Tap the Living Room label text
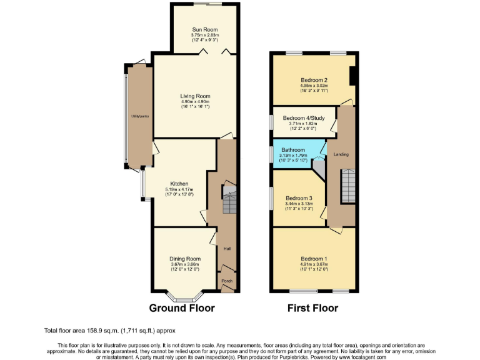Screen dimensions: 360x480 coord(195,96)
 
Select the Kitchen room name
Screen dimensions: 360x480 coord(179,184)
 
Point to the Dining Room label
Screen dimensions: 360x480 coord(184,259)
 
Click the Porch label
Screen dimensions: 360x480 coord(227,281)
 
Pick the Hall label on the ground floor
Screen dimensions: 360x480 coord(227,249)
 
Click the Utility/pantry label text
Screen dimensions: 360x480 coord(138,116)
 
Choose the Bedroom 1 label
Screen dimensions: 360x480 coord(313,259)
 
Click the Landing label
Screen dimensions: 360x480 coord(341,154)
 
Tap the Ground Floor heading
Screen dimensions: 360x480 coord(182,308)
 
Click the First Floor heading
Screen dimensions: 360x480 coord(312,308)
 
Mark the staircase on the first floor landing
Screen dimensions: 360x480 coord(347,185)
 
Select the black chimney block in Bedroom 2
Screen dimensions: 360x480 coord(352,75)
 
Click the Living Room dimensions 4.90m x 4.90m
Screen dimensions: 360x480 coord(195,102)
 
